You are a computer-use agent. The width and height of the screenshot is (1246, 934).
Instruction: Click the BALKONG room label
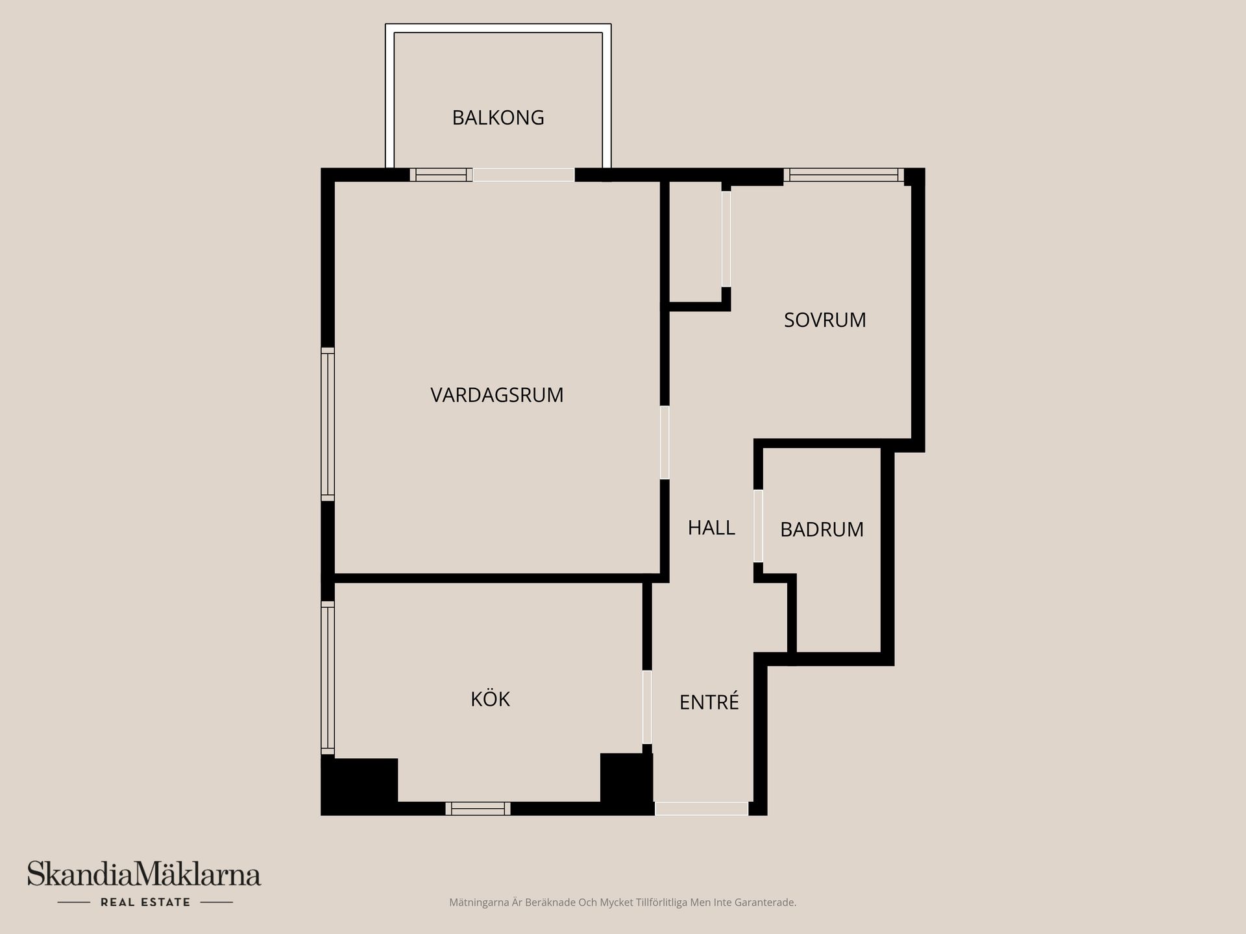click(x=498, y=117)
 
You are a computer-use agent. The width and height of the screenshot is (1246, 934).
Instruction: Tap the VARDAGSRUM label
click(x=497, y=395)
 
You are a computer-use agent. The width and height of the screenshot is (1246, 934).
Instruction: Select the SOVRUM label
click(x=825, y=320)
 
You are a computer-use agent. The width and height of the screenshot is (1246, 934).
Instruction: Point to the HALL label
click(x=711, y=528)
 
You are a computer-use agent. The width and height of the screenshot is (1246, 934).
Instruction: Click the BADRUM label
click(x=822, y=530)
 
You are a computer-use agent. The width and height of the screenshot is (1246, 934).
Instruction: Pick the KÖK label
click(x=490, y=699)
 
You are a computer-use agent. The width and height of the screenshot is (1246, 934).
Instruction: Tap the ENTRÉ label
click(x=709, y=702)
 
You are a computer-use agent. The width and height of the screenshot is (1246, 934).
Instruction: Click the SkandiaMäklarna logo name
click(x=144, y=874)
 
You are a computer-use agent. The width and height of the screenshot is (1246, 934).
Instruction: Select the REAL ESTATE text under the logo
click(x=145, y=902)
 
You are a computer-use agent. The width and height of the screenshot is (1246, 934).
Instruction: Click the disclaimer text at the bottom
click(x=622, y=902)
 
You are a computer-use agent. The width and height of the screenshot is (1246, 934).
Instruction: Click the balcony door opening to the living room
click(x=524, y=174)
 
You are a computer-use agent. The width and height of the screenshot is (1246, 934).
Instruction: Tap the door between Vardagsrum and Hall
click(x=665, y=442)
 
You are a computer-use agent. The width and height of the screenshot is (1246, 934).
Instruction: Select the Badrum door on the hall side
click(x=758, y=525)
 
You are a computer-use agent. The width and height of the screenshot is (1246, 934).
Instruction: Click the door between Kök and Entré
click(x=647, y=707)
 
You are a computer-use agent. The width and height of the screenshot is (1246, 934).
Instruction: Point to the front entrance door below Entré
click(x=702, y=808)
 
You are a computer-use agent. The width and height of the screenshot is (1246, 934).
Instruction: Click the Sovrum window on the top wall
click(x=844, y=174)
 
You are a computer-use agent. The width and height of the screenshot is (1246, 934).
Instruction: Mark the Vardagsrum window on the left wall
click(x=328, y=424)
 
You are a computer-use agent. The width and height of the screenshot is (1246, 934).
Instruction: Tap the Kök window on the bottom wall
click(x=478, y=808)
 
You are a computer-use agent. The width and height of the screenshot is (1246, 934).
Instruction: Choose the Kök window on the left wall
click(x=328, y=678)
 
